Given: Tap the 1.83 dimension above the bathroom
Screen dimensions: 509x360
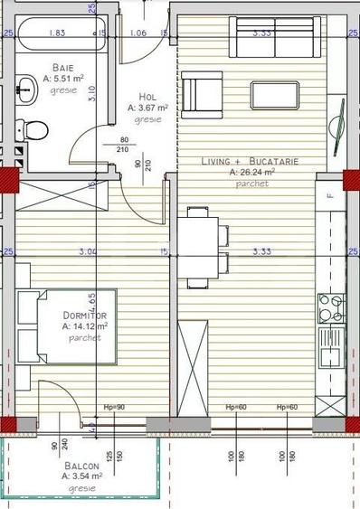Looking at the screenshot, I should point(56,33).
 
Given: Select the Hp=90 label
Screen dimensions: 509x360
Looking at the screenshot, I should point(115,407).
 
